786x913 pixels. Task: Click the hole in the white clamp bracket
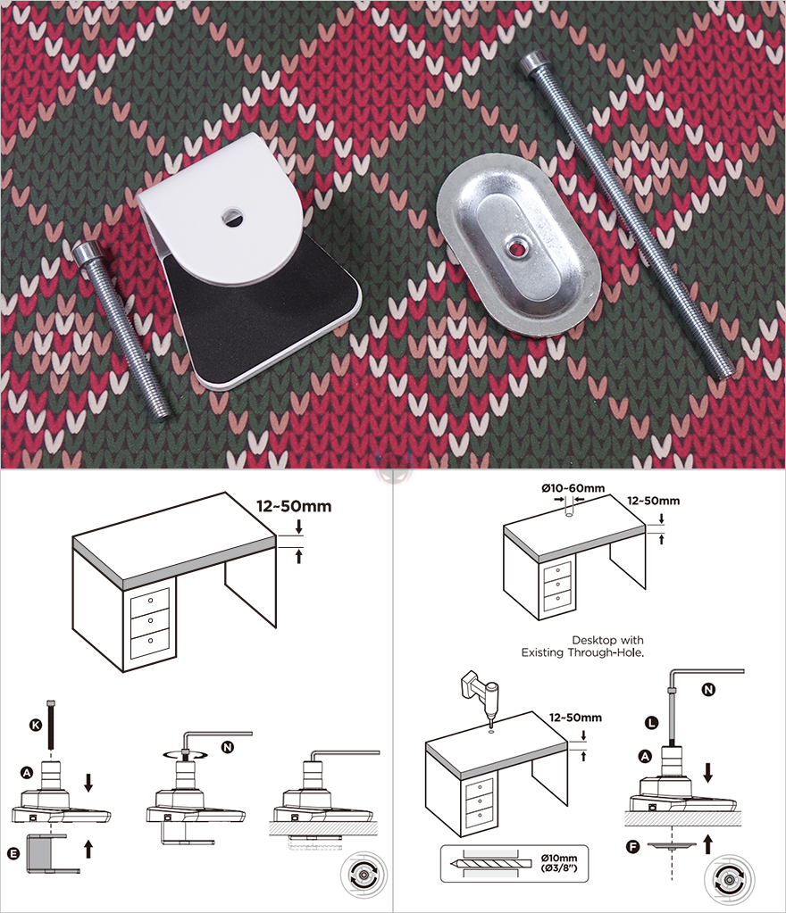click(232, 217)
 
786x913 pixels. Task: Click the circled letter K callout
click(36, 725)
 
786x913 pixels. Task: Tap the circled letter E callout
click(13, 853)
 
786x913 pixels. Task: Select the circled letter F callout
click(632, 847)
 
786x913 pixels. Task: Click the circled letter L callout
click(651, 723)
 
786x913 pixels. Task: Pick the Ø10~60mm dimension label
click(573, 488)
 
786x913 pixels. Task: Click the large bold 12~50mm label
click(294, 506)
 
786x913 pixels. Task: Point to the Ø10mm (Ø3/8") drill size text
click(559, 863)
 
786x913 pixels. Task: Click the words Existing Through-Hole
click(582, 652)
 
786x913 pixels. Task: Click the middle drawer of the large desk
click(150, 620)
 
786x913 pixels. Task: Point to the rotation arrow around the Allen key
click(185, 755)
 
